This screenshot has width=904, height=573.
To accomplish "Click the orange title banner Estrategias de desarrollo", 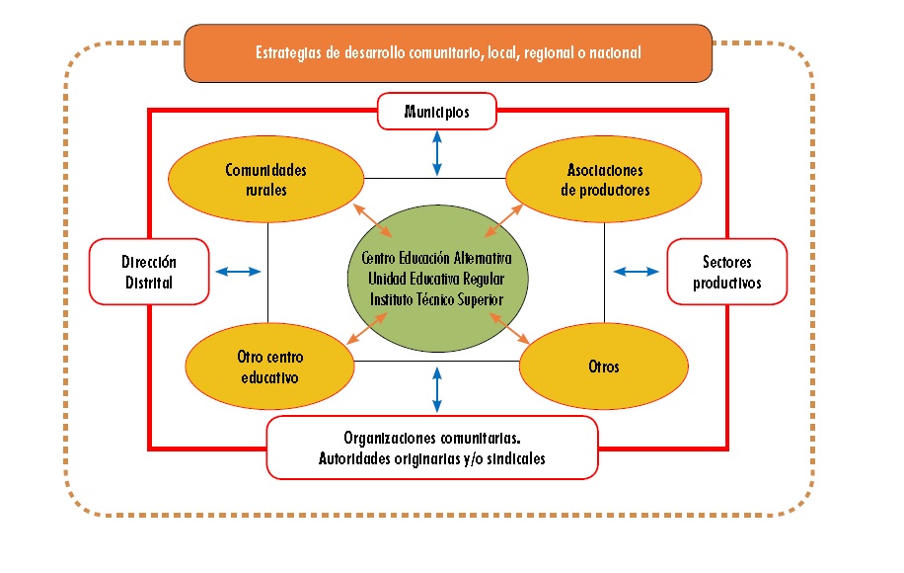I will (x=448, y=52).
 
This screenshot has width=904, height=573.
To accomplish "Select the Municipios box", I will (x=436, y=112).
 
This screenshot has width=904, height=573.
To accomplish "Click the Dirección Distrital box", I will (x=149, y=271).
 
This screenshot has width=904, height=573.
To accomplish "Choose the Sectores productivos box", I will (x=727, y=271).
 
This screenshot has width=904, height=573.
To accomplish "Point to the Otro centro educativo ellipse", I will (x=268, y=367).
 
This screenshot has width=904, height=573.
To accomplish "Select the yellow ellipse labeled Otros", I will (x=602, y=367).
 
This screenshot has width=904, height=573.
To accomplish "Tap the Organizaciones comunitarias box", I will (x=432, y=447).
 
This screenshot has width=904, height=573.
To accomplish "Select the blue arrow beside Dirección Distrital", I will (x=239, y=271).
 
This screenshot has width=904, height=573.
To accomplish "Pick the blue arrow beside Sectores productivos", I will (x=636, y=271).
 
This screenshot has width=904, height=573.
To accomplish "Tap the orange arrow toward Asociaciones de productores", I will (x=504, y=218).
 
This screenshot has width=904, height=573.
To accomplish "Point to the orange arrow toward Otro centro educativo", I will (x=368, y=328).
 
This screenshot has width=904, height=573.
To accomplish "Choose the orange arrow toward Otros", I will (x=509, y=328).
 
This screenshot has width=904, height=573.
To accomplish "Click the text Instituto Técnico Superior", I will (x=436, y=298).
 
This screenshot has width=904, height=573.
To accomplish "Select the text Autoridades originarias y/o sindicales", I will (x=432, y=458).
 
